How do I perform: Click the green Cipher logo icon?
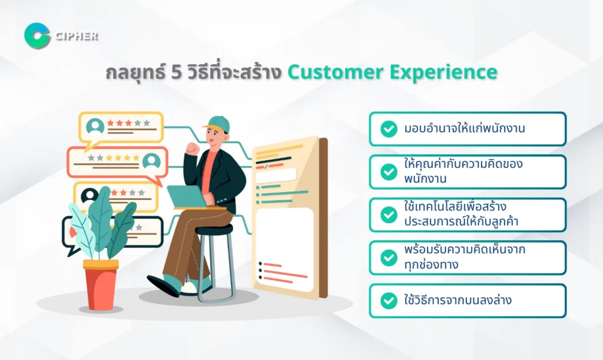[37, 36]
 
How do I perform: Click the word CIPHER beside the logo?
[77, 36]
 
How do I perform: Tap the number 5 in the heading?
[176, 72]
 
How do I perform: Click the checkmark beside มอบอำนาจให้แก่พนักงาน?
[389, 129]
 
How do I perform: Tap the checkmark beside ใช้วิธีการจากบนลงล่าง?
[389, 300]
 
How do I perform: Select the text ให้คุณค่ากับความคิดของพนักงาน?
[463, 171]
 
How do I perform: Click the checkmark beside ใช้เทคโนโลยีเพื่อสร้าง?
[389, 214]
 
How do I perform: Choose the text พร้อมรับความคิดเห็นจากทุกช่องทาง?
[464, 257]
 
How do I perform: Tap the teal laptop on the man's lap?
[189, 197]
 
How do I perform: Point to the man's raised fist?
[193, 148]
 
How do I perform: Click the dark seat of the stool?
[214, 230]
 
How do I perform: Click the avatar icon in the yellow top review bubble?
[95, 125]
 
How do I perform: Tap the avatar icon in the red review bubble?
[151, 161]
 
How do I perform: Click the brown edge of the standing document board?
[323, 217]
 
